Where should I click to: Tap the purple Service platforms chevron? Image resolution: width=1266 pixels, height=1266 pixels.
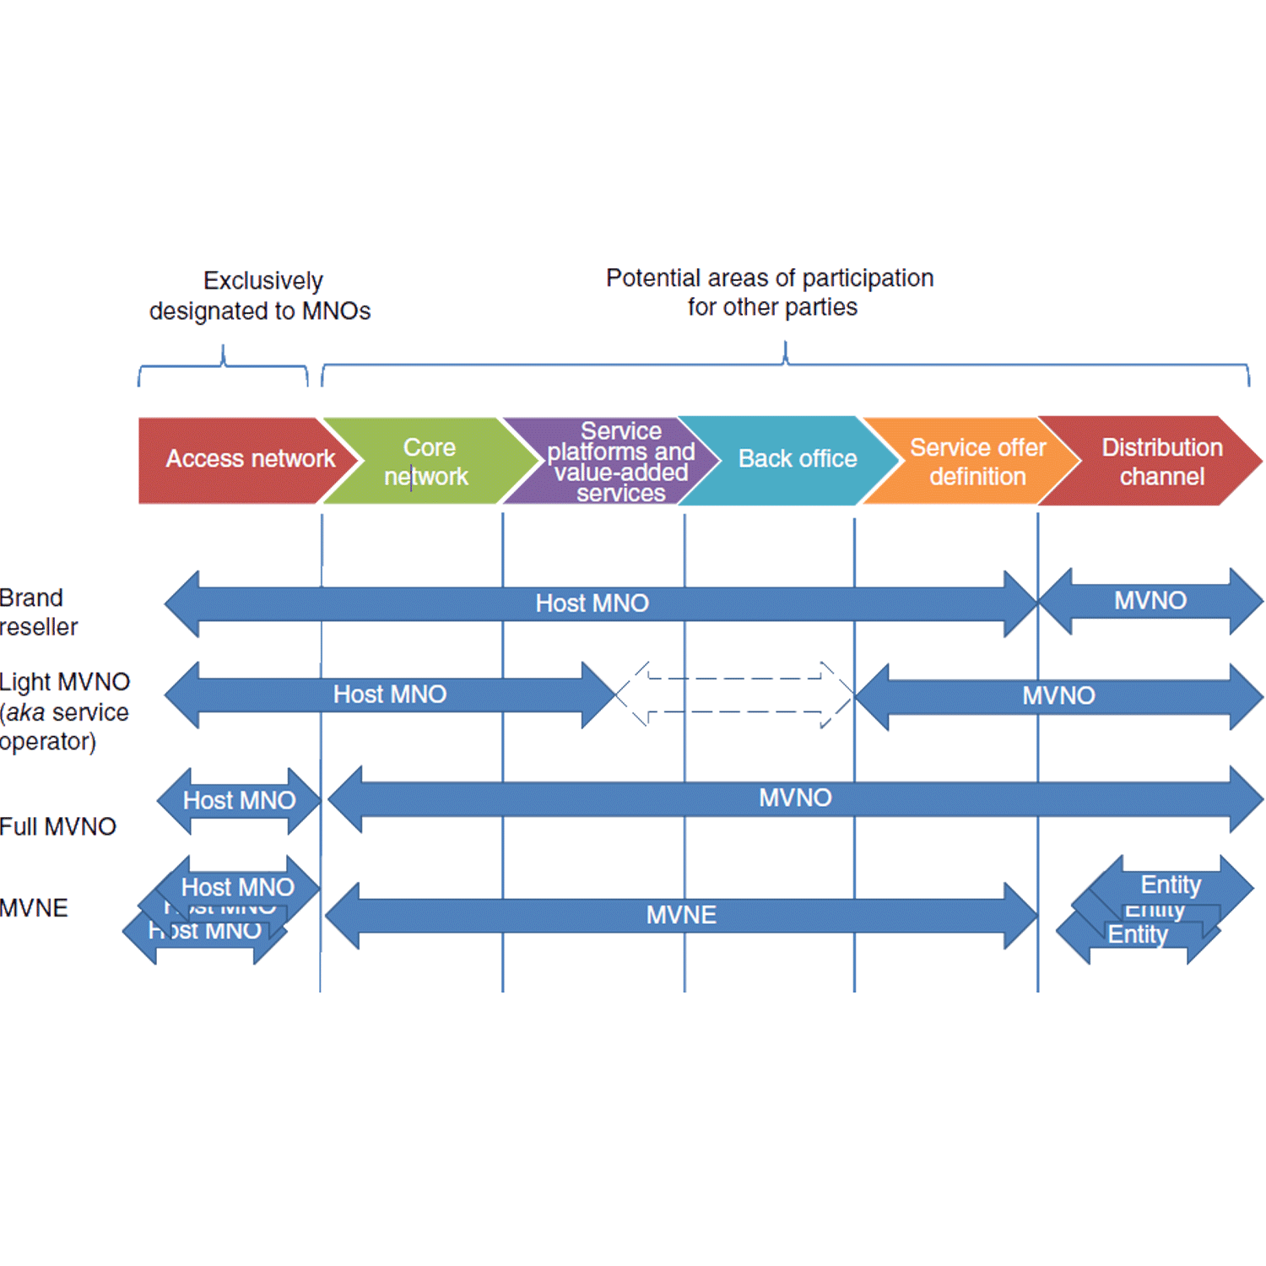(620, 462)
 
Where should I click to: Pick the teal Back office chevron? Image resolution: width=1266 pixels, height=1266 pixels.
(797, 459)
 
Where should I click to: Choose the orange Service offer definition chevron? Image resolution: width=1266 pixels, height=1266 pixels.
(977, 462)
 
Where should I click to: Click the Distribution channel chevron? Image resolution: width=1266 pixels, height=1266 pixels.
(1161, 462)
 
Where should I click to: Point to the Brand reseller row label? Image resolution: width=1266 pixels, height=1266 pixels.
(38, 612)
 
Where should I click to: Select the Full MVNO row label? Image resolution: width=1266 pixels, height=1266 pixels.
(57, 826)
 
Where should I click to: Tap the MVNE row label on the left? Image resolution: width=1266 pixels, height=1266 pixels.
(34, 908)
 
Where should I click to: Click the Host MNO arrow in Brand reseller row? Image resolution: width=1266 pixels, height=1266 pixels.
(592, 603)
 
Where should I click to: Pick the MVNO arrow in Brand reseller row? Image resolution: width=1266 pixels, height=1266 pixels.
(1150, 601)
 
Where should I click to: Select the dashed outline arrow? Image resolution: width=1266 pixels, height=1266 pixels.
(734, 695)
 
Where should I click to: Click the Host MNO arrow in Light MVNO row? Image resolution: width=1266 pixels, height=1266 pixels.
(389, 695)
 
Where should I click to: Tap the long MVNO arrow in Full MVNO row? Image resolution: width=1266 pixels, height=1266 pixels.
(794, 798)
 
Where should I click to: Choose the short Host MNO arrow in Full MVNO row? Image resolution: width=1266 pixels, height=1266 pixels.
(239, 800)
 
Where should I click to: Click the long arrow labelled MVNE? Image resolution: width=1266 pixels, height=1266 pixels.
(680, 915)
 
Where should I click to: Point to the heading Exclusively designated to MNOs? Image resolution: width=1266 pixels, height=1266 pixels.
(260, 295)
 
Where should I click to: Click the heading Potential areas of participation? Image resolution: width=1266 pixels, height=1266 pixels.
(770, 292)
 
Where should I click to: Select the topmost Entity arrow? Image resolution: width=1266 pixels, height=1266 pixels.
(1171, 884)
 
